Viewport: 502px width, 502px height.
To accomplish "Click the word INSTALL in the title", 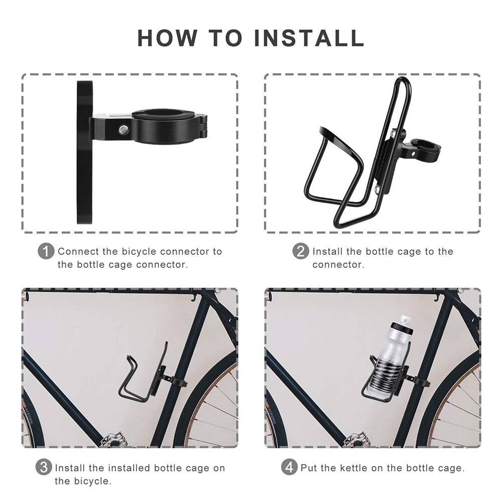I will point(309,39).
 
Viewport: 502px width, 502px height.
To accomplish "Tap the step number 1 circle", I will point(46,251).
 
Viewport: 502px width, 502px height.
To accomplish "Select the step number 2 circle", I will point(300,251).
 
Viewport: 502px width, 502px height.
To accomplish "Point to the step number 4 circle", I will point(289,467).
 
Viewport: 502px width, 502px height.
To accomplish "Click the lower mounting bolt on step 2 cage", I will point(376,189).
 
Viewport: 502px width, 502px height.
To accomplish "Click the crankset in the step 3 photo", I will point(113,441).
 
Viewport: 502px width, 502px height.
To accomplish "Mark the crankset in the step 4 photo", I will point(356,441).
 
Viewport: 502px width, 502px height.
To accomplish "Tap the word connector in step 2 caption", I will point(338,264).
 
